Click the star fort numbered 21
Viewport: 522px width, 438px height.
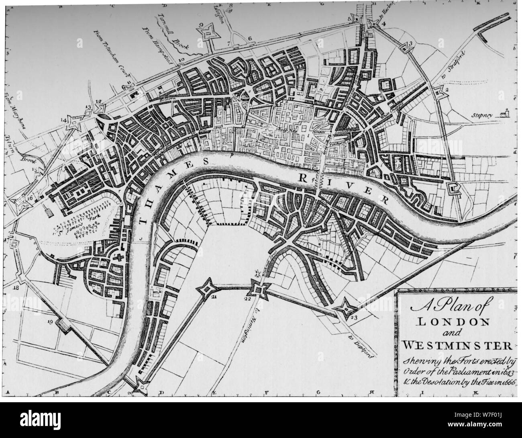point(208,288)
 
